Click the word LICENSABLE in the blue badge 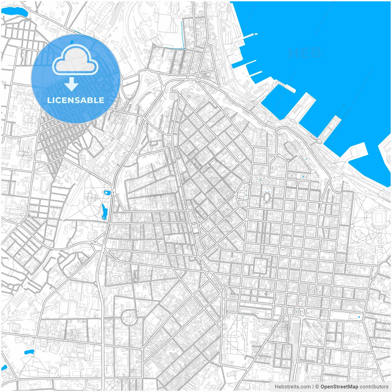coord(76,100)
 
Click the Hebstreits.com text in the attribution coord(292,387)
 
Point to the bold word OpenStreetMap coord(339,387)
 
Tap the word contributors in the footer coord(374,387)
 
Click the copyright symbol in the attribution coord(317,387)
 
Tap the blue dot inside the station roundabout coord(296,312)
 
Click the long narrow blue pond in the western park coord(104,211)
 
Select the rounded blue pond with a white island coord(107,193)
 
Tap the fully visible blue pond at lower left coord(29,352)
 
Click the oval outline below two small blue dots coord(267,197)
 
